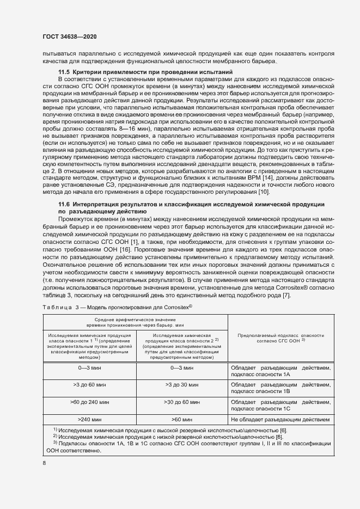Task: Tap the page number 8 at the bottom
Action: click(45, 463)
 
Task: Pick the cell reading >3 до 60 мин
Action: click(89, 384)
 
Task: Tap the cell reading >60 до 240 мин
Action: click(89, 402)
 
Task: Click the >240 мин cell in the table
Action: click(89, 420)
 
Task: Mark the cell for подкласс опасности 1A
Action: click(280, 371)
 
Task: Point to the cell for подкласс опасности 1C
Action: click(280, 405)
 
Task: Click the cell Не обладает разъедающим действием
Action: click(280, 420)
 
